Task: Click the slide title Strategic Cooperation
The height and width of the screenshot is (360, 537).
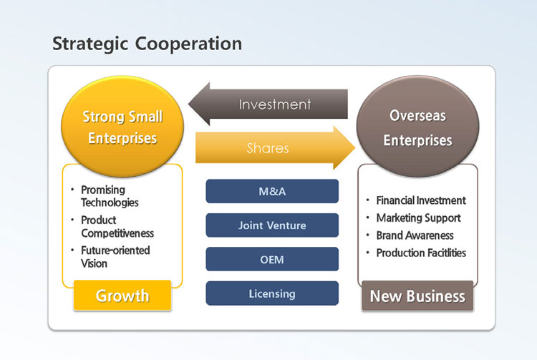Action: point(147,44)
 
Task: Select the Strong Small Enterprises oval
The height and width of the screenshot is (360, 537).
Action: point(122,127)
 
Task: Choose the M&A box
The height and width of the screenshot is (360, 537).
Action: point(272,191)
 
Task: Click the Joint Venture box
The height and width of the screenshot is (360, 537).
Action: point(272,225)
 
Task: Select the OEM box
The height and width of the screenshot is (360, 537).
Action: point(272,259)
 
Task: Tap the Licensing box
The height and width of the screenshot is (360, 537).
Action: point(272,293)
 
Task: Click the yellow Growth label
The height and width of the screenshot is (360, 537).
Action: point(122,296)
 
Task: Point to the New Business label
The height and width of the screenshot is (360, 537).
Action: point(417,296)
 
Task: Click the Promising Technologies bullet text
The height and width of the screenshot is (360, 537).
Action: point(110,196)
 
